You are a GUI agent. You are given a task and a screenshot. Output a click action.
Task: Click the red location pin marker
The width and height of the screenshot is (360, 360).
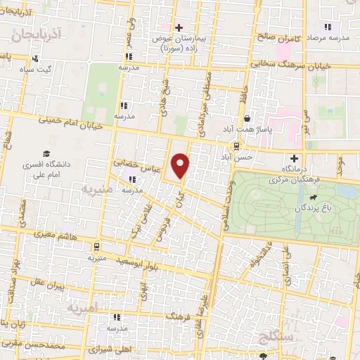point(181,165)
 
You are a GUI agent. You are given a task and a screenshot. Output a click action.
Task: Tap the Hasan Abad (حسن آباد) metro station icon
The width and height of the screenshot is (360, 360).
point(236,146)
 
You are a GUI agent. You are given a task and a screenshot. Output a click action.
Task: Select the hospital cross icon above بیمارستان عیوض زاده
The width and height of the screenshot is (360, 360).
point(179,27)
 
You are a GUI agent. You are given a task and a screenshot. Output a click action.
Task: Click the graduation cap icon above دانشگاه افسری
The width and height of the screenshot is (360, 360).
point(46,153)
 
